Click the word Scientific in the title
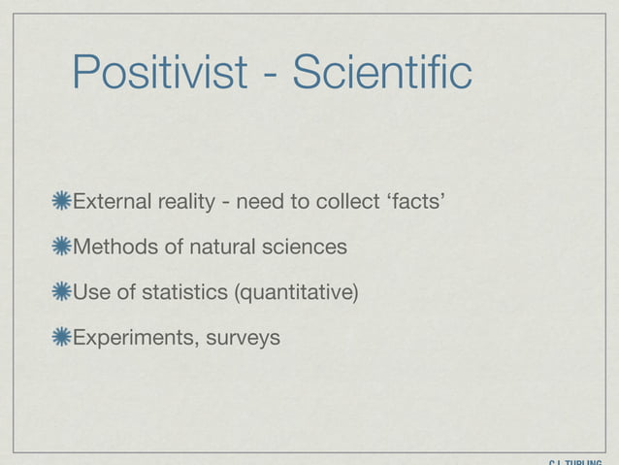(x=373, y=74)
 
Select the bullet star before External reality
(x=62, y=202)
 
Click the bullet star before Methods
(x=62, y=247)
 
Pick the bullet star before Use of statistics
(x=62, y=292)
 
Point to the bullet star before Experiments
(x=62, y=337)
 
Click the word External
(x=108, y=202)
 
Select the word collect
(x=348, y=202)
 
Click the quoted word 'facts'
(x=417, y=202)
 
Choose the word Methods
(x=112, y=247)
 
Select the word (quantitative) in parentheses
(x=290, y=292)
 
